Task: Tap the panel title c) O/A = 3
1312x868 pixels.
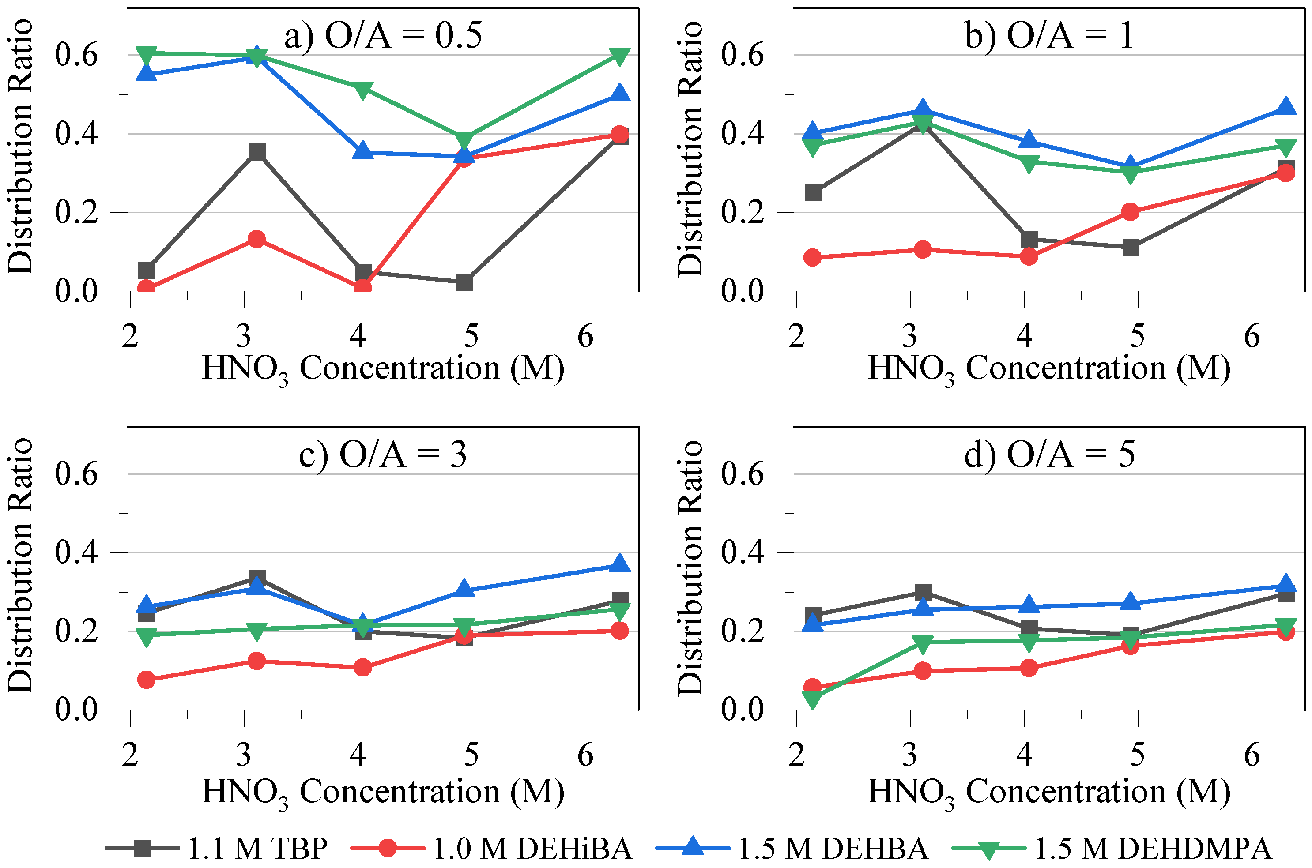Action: (x=383, y=455)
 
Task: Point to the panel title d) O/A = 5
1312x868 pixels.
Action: (x=1049, y=455)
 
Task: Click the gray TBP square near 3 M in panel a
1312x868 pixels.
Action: (x=256, y=152)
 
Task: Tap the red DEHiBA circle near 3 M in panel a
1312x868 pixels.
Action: (x=256, y=239)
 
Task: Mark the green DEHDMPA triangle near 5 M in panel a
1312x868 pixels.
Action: (x=464, y=139)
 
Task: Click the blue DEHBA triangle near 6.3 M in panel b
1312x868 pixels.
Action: (x=1286, y=106)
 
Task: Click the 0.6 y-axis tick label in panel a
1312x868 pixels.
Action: (x=76, y=55)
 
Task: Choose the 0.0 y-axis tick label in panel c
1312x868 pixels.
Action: (x=76, y=710)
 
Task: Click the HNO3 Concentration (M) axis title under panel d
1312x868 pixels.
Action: (x=1049, y=791)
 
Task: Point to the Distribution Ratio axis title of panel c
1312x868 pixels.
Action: (x=20, y=565)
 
